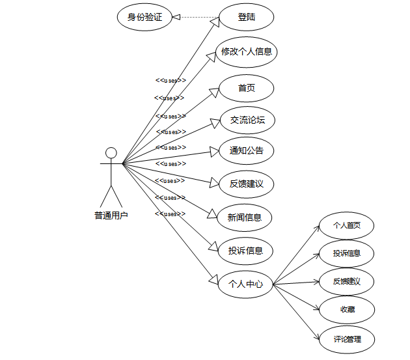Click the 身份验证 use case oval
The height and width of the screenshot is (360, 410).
pos(144,18)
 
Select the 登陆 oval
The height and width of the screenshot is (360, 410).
pos(247,18)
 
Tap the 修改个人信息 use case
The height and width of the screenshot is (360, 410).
pos(247,52)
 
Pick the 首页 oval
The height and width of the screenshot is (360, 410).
pos(247,88)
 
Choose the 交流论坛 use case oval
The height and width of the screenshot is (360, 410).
pos(247,120)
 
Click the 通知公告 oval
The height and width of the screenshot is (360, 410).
pos(247,151)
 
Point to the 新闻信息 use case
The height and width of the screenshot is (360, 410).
pos(245,217)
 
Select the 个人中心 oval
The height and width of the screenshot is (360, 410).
pos(245,284)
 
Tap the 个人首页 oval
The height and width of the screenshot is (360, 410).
pos(347,226)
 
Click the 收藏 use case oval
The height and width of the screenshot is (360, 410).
pos(347,309)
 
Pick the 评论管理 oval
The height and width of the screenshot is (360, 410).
pos(347,339)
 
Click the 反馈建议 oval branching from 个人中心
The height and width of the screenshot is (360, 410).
pos(347,282)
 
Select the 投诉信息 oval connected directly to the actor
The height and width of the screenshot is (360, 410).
pos(245,251)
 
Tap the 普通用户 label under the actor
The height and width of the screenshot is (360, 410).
pos(111,215)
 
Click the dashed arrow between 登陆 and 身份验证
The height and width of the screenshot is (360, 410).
pos(195,18)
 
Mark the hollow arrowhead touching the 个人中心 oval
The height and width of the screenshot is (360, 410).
pos(213,279)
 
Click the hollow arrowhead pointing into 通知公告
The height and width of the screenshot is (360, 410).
pos(214,152)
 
